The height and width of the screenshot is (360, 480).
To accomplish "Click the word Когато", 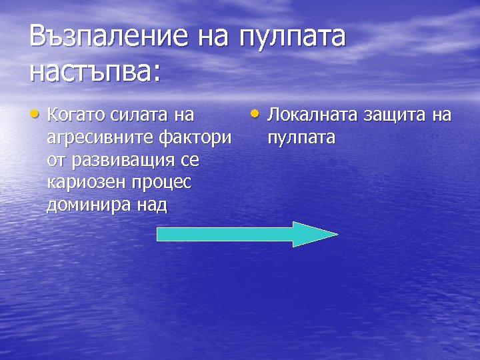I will coord(74,115).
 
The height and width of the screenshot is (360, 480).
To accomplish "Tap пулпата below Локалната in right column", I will coord(301,138).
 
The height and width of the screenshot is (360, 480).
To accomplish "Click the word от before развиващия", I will coord(55,161).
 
